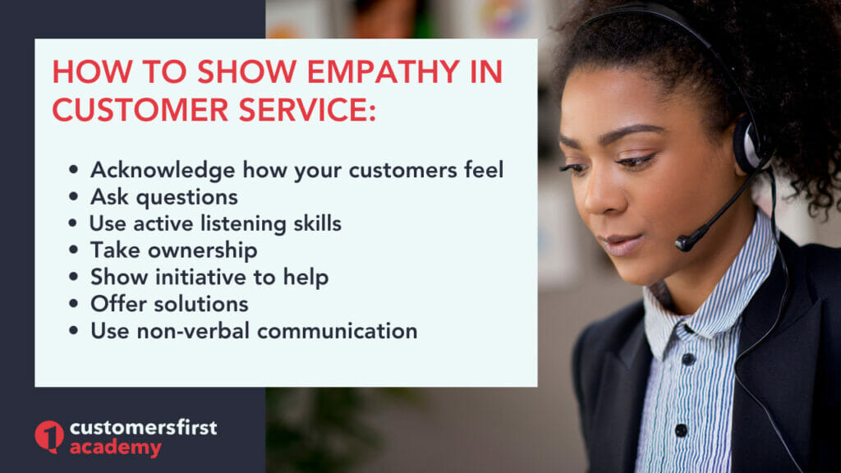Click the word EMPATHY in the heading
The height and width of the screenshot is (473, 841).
click(384, 71)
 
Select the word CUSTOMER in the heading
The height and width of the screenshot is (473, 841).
click(140, 109)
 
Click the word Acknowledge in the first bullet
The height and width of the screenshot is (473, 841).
click(163, 171)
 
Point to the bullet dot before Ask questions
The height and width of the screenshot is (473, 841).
click(73, 197)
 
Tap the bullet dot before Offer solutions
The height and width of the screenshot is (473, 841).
click(73, 304)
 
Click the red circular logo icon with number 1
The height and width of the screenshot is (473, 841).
click(49, 437)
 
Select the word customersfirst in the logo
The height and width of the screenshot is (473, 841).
click(144, 427)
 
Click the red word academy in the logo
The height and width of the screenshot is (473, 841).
click(116, 448)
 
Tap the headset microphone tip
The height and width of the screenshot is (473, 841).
click(684, 243)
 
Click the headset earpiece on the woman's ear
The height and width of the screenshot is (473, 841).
click(749, 143)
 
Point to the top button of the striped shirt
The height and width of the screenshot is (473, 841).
click(689, 358)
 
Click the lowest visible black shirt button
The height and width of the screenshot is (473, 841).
click(681, 429)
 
